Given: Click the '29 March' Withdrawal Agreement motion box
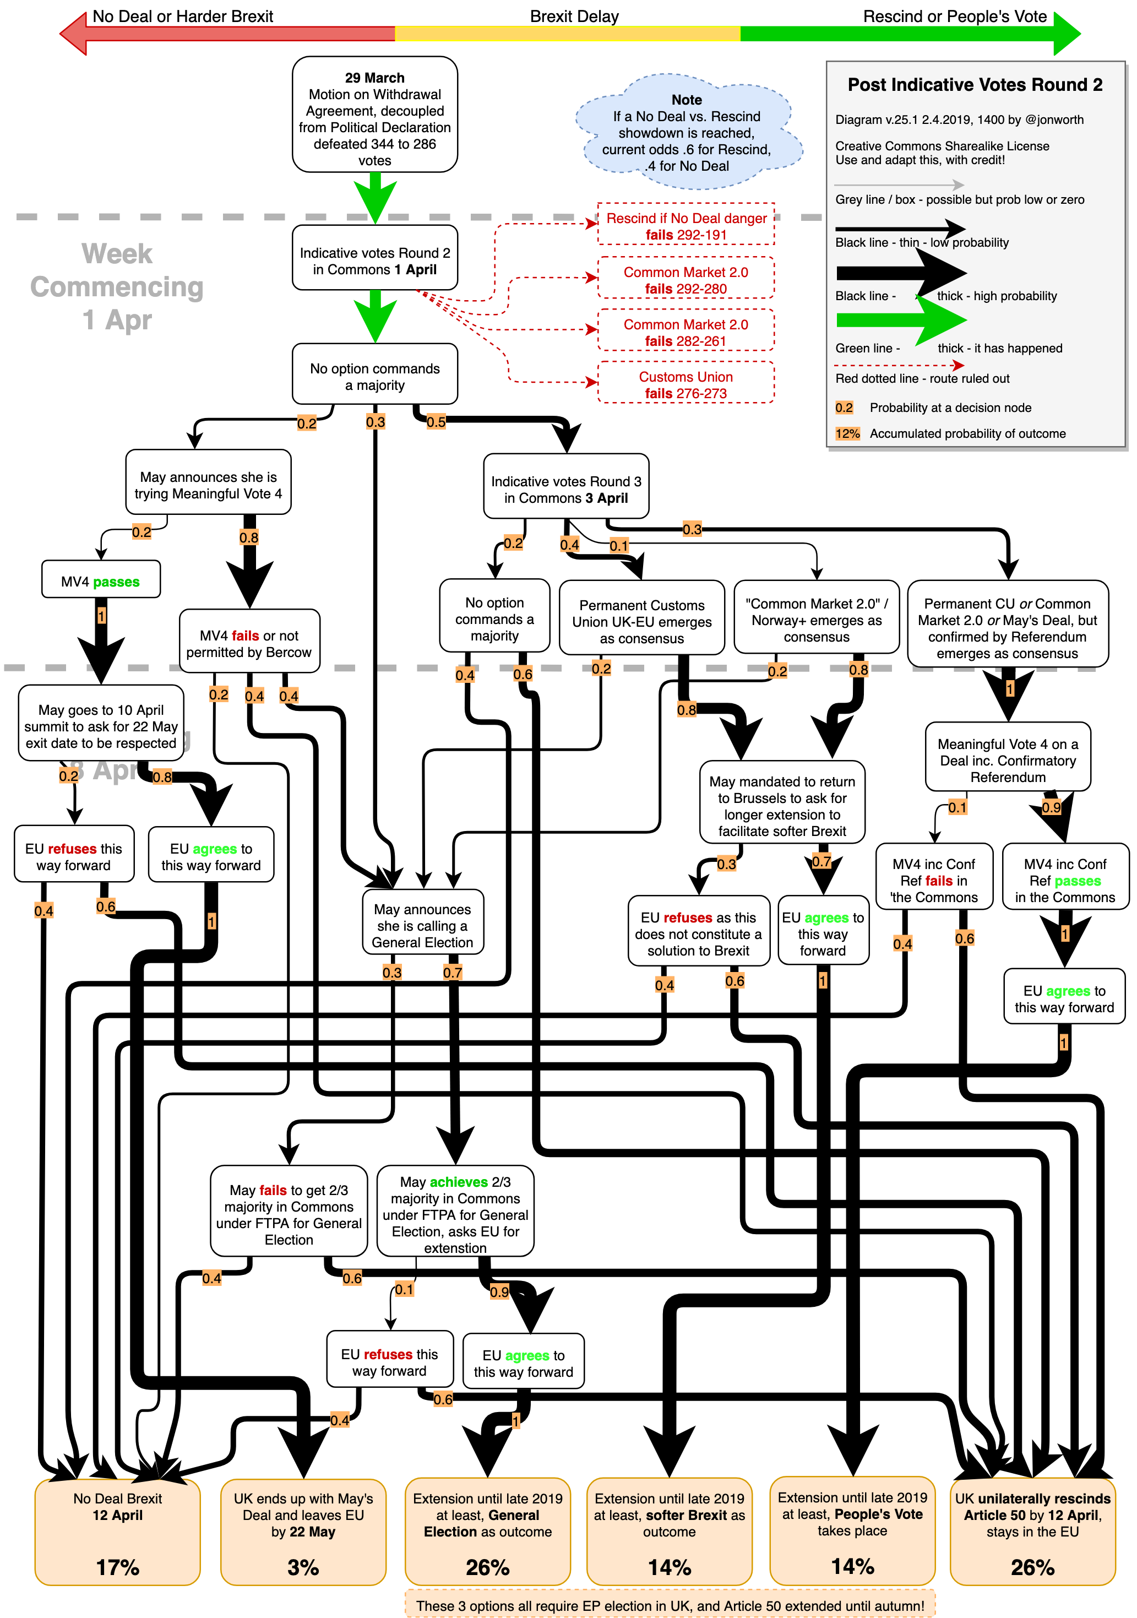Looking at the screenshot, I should point(375,115).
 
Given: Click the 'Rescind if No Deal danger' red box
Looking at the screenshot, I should point(686,225).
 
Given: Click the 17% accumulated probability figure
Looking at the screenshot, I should point(118,1567).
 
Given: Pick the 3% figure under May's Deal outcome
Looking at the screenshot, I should point(303,1567).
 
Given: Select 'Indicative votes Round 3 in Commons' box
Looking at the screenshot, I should point(565,488).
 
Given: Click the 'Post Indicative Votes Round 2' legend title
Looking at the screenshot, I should point(975,85).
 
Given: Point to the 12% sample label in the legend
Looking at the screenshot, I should point(847,433).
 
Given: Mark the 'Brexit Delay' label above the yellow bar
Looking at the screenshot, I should point(574,16).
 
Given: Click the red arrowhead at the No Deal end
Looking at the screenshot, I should point(73,33).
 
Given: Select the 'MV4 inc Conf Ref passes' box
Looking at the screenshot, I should point(1064,879).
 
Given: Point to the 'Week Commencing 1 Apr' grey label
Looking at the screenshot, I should point(117,286).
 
